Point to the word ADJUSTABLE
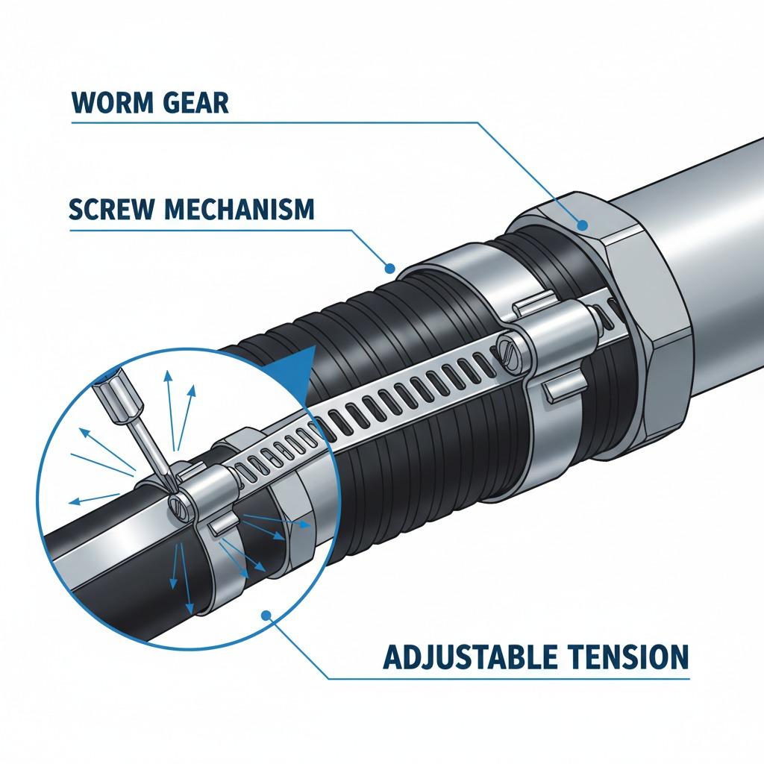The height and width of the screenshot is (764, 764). point(472,657)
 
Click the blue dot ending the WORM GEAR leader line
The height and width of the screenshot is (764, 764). point(582,225)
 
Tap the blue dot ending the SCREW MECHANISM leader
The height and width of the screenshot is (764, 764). point(389,268)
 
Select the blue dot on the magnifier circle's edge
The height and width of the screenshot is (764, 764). point(266,616)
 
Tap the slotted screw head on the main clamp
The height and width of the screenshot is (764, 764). point(507,348)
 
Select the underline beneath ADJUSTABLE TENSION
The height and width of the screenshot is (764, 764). point(508,677)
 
